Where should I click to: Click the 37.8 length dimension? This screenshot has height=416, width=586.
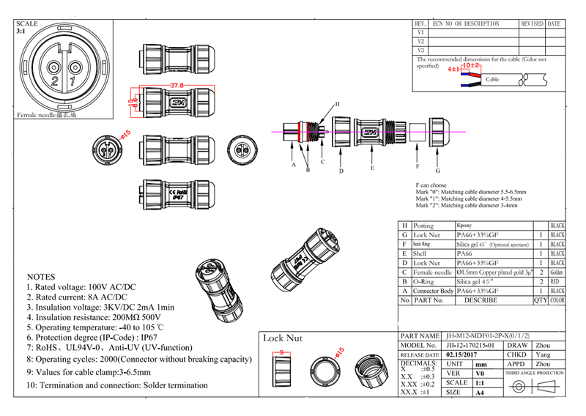pyautogui.click(x=177, y=86)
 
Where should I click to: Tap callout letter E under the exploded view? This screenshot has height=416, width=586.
pyautogui.click(x=372, y=168)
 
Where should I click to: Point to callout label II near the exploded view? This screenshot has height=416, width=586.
pyautogui.click(x=337, y=104)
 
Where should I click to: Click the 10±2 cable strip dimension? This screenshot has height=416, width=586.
pyautogui.click(x=471, y=66)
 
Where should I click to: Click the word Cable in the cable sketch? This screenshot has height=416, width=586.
pyautogui.click(x=492, y=79)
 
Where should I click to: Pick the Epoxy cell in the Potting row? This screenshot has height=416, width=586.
pyautogui.click(x=464, y=226)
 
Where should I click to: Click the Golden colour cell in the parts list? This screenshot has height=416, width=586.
pyautogui.click(x=557, y=272)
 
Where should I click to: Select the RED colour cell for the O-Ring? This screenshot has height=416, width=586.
pyautogui.click(x=557, y=281)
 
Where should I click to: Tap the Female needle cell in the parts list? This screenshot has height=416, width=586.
pyautogui.click(x=432, y=272)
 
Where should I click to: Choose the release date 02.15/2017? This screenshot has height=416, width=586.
pyautogui.click(x=461, y=354)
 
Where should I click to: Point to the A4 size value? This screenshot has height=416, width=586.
pyautogui.click(x=480, y=393)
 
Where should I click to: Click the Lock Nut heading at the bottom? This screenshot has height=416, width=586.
pyautogui.click(x=283, y=338)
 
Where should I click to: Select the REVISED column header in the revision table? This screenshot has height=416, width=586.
pyautogui.click(x=532, y=24)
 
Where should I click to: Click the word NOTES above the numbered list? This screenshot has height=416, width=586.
pyautogui.click(x=40, y=277)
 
